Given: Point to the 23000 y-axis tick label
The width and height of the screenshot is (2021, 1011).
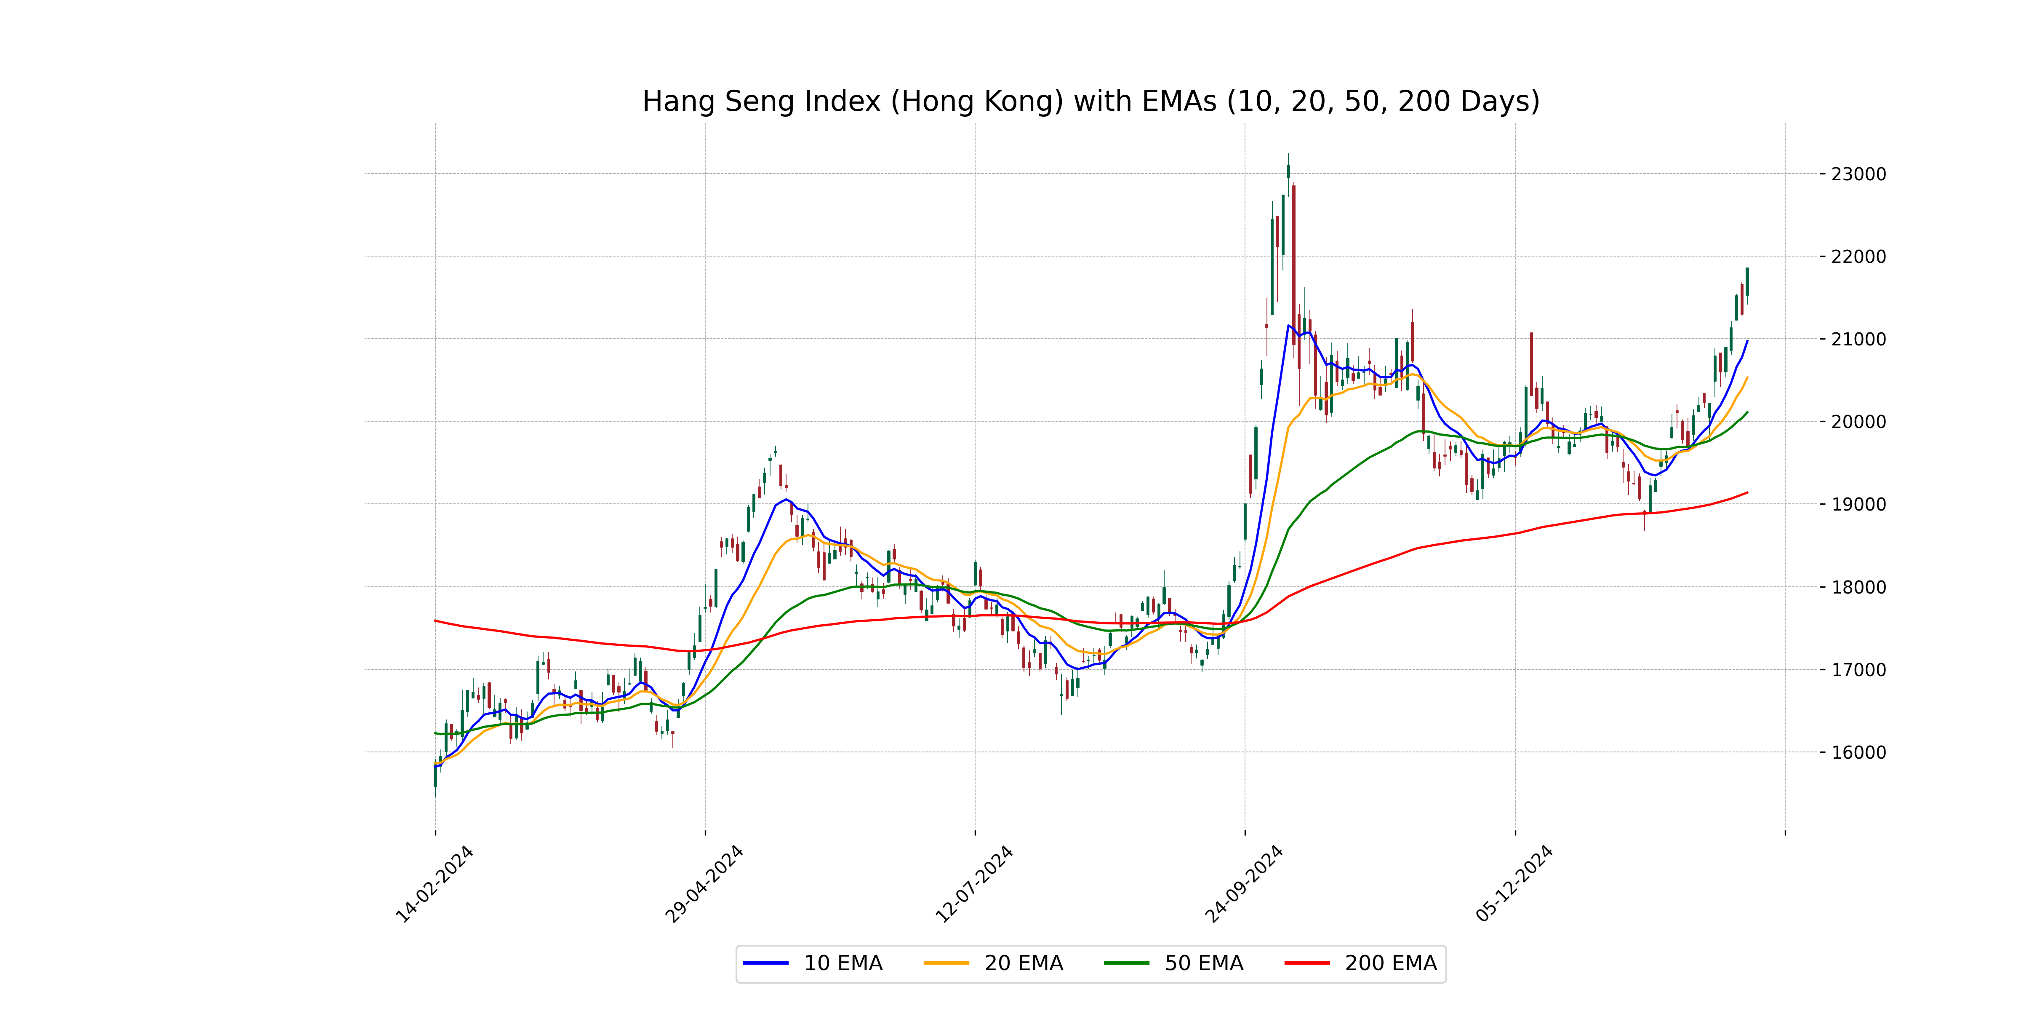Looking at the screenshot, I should click(x=1858, y=174).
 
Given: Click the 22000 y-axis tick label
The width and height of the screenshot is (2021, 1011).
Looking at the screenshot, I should click(x=1858, y=257).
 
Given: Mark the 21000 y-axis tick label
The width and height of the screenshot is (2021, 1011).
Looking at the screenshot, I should click(x=1858, y=339).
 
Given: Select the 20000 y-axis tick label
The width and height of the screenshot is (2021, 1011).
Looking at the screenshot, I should click(x=1858, y=422).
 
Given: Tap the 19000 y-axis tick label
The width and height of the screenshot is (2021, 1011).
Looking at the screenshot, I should click(x=1858, y=505).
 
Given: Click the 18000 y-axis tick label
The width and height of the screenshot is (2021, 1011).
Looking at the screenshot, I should click(x=1858, y=587).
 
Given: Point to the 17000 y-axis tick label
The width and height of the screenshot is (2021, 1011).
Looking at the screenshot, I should click(x=1858, y=669).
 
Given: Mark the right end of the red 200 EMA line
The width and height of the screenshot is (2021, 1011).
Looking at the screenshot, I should click(x=1747, y=492).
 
